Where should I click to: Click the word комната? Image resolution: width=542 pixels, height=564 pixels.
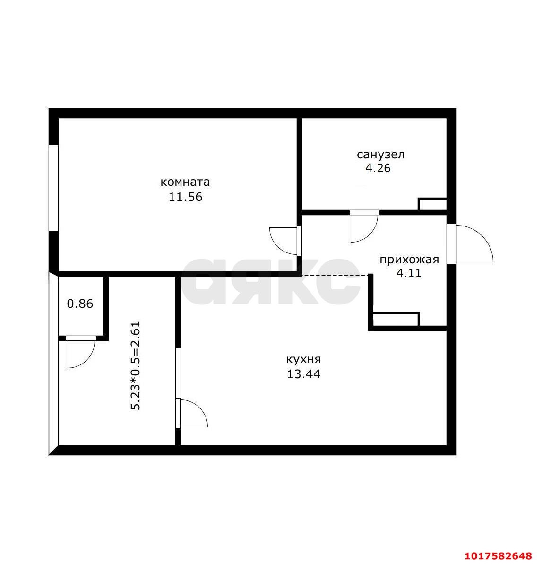pos(185,182)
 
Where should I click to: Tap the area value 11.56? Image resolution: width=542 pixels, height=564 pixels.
pos(185,197)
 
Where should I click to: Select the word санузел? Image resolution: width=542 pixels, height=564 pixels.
pos(380,155)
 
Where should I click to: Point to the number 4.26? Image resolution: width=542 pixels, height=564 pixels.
pos(378,168)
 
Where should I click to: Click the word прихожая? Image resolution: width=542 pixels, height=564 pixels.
pos(409,260)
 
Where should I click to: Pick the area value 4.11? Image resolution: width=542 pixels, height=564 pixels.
pos(409,273)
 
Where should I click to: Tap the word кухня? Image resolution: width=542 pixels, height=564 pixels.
pos(304,359)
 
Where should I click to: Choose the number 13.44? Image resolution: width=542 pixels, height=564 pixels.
pos(303,374)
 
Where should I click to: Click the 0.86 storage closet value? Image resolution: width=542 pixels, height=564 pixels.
pos(80,304)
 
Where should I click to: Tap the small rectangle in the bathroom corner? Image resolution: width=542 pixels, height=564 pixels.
pos(433,204)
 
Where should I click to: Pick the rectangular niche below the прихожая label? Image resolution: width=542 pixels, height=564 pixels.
pos(396,320)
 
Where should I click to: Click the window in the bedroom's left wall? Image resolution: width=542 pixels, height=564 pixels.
pos(53,188)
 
